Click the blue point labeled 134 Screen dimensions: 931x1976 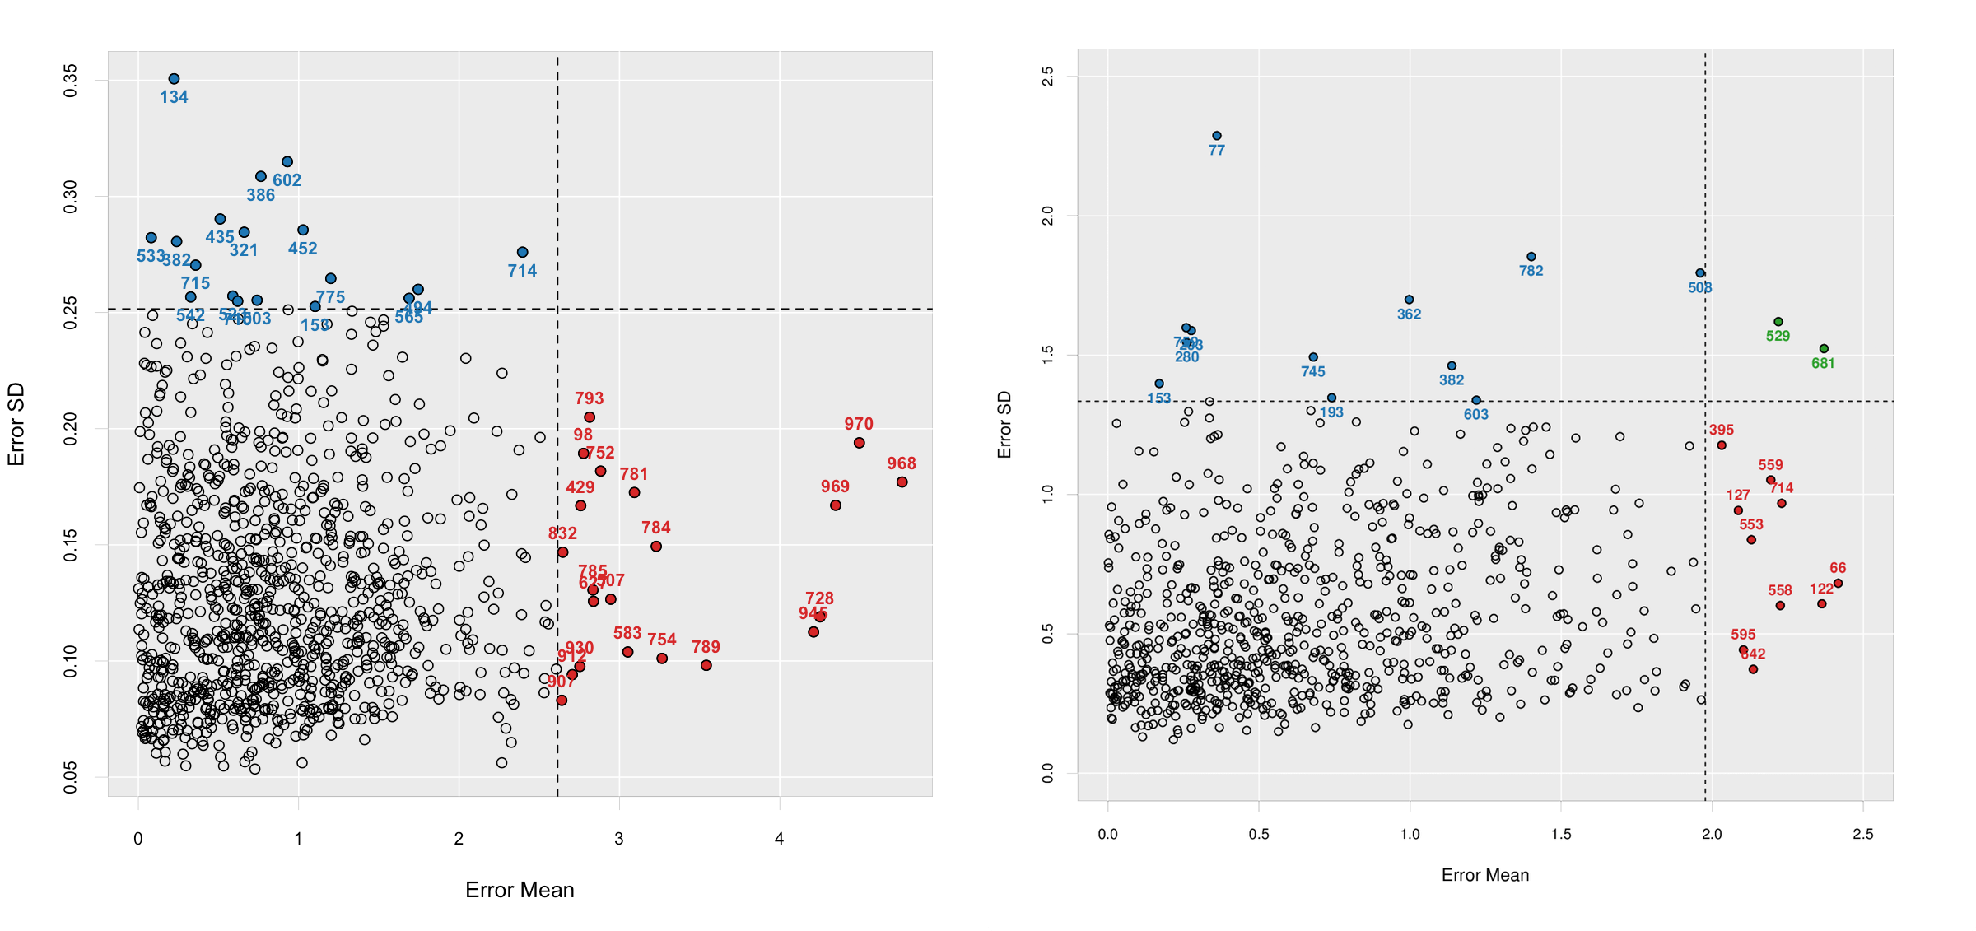174,79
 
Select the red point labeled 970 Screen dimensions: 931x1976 859,443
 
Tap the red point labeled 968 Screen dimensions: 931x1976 902,482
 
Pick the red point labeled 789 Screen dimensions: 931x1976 706,665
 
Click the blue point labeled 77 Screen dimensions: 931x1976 1216,136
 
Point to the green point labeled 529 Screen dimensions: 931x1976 1778,322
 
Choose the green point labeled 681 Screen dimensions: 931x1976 1823,349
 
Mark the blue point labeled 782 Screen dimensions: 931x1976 1531,257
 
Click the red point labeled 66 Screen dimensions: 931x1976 1838,584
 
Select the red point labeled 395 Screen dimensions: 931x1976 1721,445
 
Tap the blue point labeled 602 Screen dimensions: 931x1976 287,162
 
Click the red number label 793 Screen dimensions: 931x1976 589,398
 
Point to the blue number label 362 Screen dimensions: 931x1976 1409,314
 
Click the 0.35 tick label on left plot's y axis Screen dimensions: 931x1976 71,81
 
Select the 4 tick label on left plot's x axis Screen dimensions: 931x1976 779,839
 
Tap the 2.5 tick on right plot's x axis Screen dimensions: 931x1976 1862,834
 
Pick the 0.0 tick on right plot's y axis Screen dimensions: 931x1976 1047,773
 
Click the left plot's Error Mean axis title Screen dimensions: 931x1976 520,890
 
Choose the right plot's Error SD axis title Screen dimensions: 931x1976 1004,425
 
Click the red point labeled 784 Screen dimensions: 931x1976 655,547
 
